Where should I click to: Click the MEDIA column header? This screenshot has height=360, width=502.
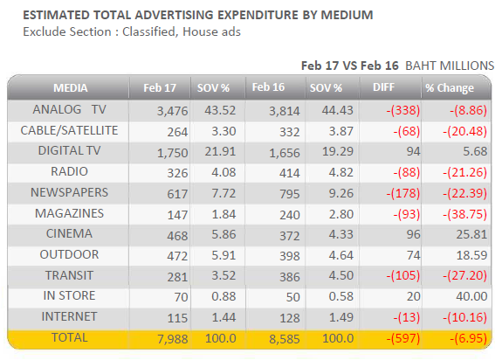coord(71,87)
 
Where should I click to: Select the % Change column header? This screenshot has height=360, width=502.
coord(450,88)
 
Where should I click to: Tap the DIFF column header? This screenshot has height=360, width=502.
coord(383,87)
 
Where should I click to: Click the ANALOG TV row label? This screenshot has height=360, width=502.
coord(69,109)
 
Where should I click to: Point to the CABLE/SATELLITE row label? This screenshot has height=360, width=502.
coord(69,130)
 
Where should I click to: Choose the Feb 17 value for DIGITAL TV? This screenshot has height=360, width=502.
coord(172,153)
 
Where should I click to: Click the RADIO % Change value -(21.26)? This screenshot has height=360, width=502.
coord(464,173)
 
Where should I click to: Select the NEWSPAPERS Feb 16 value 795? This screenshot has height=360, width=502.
coord(290,194)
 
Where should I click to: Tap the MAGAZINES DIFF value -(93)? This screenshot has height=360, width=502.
coord(407,214)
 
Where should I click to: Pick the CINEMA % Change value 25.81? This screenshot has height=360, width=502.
coord(471,234)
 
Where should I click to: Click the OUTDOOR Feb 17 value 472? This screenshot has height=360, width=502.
coord(177,256)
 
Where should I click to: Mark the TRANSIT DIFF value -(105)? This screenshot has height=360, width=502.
coord(403,276)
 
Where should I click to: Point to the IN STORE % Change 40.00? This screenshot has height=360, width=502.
coord(471,296)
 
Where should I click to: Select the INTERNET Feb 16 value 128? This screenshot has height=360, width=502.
coord(290,318)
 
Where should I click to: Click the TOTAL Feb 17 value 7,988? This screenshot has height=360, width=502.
coord(173,339)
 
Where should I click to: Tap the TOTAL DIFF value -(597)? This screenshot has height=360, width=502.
coord(403,338)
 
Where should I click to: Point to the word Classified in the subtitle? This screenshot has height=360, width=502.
coord(149,32)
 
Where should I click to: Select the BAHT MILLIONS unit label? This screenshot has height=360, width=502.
coord(450,66)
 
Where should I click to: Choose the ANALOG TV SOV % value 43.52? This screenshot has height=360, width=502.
coord(220,110)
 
